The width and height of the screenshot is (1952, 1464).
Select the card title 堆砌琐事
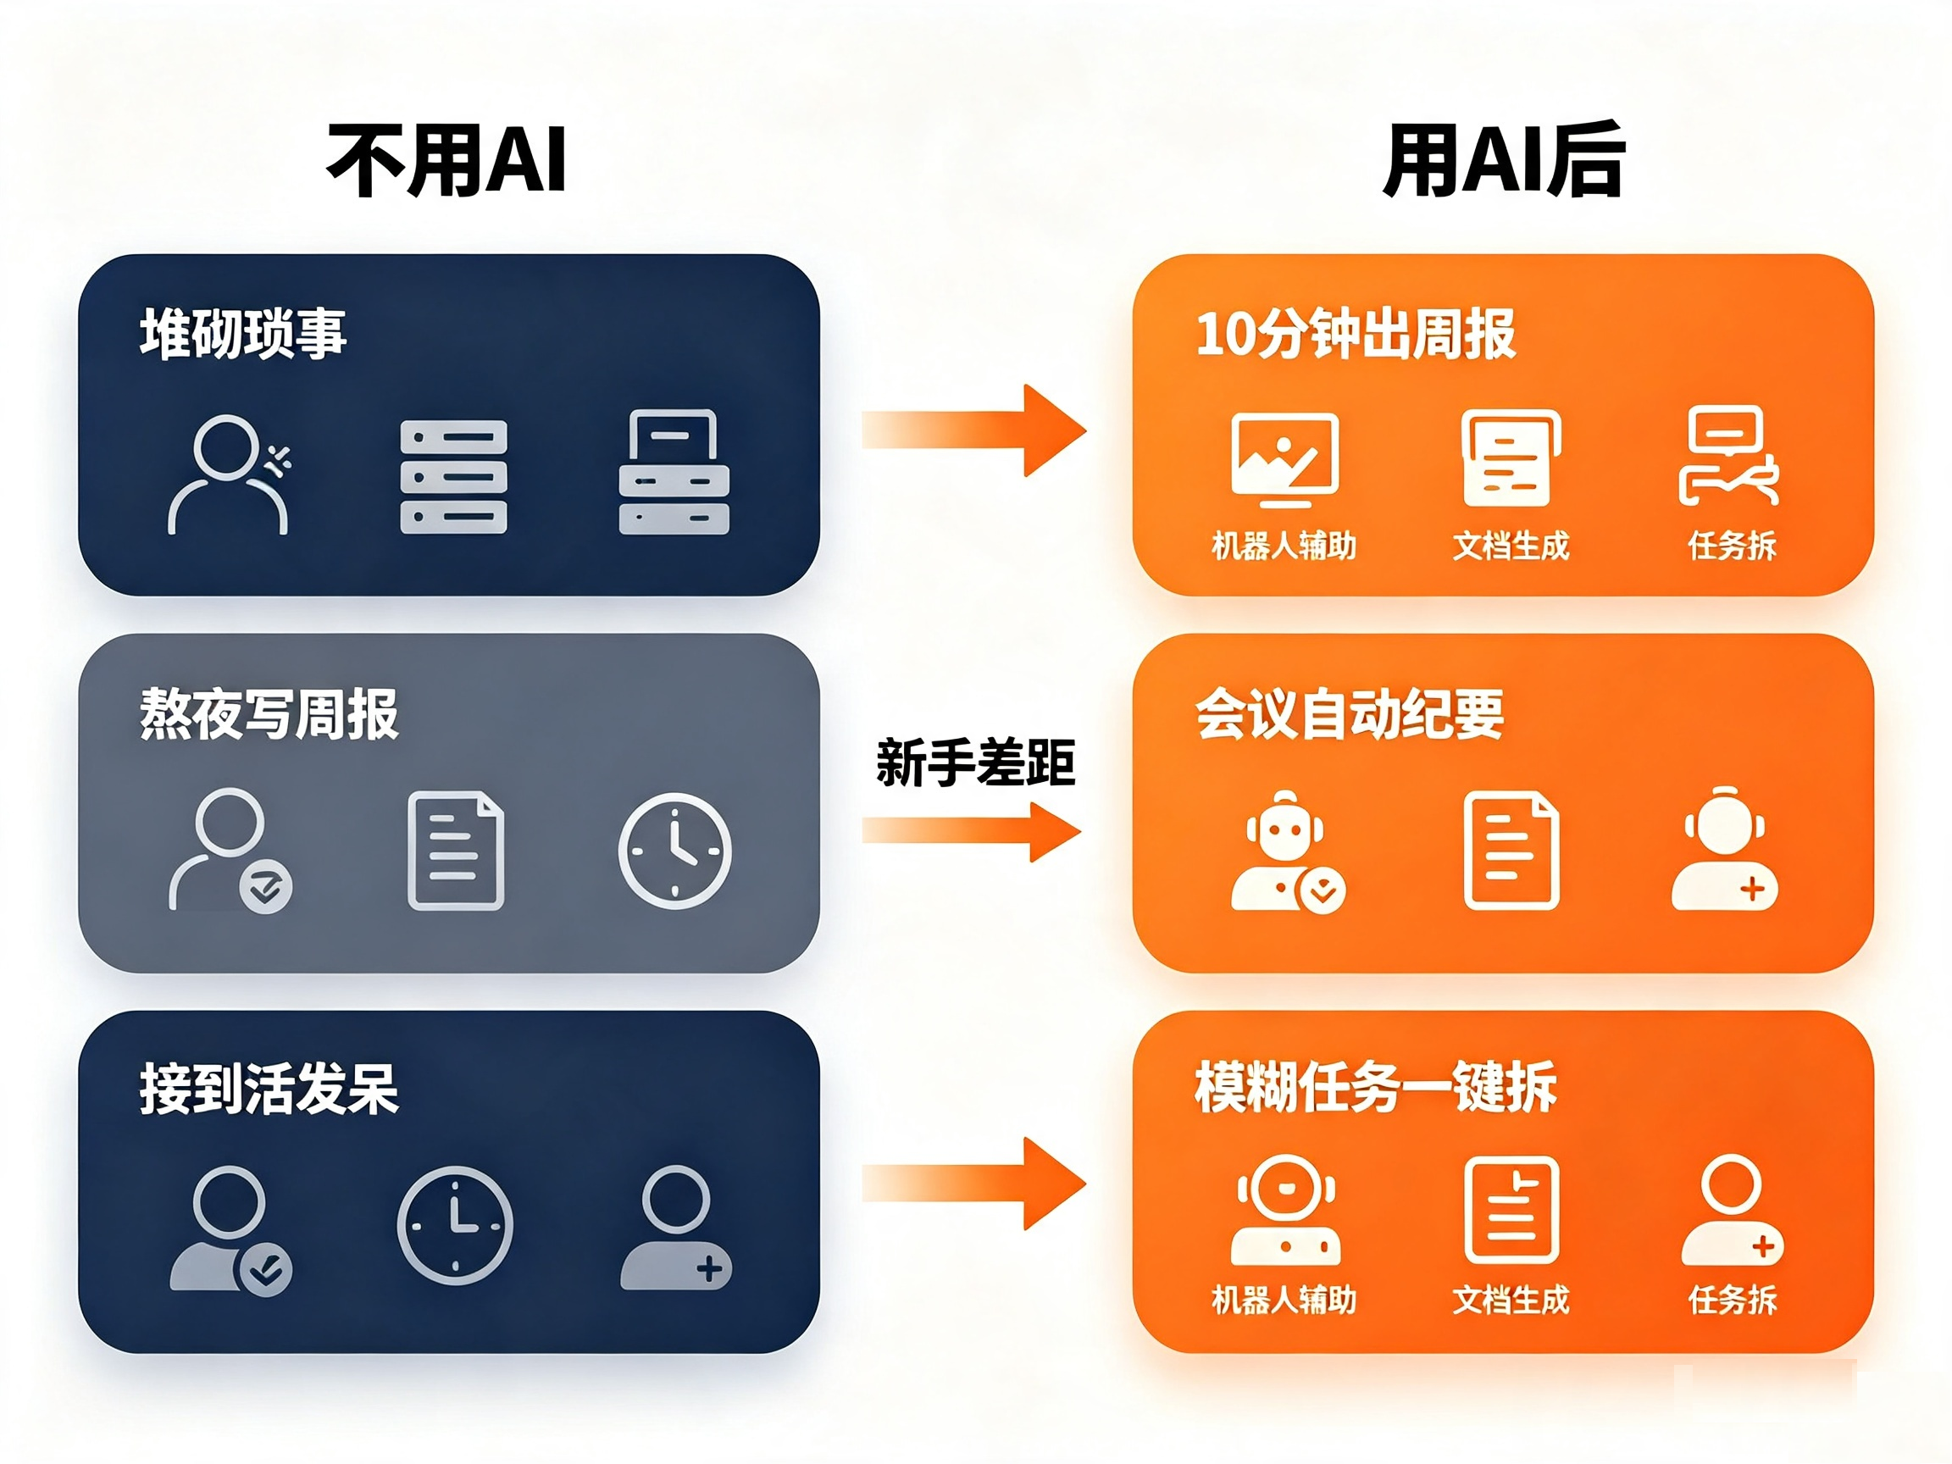pyautogui.click(x=242, y=334)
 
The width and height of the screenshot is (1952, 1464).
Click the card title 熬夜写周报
pyautogui.click(x=269, y=713)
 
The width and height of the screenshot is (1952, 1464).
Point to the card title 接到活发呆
pyautogui.click(x=269, y=1089)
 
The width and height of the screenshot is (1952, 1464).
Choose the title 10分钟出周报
pyautogui.click(x=1356, y=334)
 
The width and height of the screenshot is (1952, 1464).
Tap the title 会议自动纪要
pyautogui.click(x=1350, y=713)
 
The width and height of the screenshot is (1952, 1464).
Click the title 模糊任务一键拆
pyautogui.click(x=1375, y=1087)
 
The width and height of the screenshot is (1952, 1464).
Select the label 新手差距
pyautogui.click(x=975, y=762)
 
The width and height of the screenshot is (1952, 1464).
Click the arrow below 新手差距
pyautogui.click(x=972, y=831)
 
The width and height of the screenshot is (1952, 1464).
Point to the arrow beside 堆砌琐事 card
pyautogui.click(x=974, y=430)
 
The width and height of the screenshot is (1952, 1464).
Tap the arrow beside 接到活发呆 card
pyautogui.click(x=974, y=1184)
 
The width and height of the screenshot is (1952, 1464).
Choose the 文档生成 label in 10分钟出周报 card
pyautogui.click(x=1511, y=546)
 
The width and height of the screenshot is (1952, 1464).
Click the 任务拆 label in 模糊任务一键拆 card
pyautogui.click(x=1733, y=1300)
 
